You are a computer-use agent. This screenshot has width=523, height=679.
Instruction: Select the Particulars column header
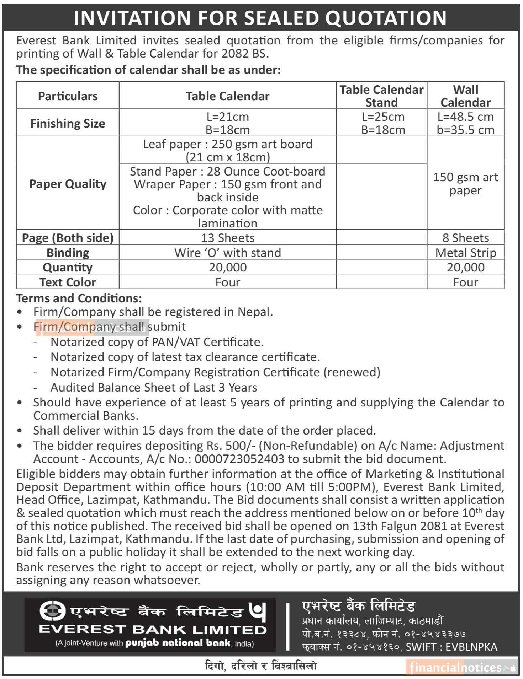(x=68, y=96)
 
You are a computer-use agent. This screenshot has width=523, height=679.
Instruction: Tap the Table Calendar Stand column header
(x=381, y=96)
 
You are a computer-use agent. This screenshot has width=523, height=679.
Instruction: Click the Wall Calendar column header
(x=465, y=96)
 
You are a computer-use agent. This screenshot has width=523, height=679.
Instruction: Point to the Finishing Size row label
(x=68, y=123)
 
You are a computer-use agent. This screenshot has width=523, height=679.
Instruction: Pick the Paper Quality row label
(x=68, y=184)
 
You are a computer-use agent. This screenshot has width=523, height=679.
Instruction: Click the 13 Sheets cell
(x=228, y=237)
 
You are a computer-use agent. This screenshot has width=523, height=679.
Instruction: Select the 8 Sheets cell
(x=465, y=237)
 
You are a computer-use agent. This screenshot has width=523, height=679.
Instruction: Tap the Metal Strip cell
(x=465, y=252)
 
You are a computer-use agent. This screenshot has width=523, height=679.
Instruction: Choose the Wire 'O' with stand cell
(x=228, y=252)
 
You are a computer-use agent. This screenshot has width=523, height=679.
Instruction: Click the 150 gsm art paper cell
(x=465, y=184)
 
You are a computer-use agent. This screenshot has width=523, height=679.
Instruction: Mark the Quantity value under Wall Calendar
(x=465, y=267)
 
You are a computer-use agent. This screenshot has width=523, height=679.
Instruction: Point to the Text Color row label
(x=68, y=282)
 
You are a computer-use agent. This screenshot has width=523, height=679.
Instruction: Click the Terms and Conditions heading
(x=79, y=298)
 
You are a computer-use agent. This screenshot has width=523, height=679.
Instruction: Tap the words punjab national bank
(x=178, y=643)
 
